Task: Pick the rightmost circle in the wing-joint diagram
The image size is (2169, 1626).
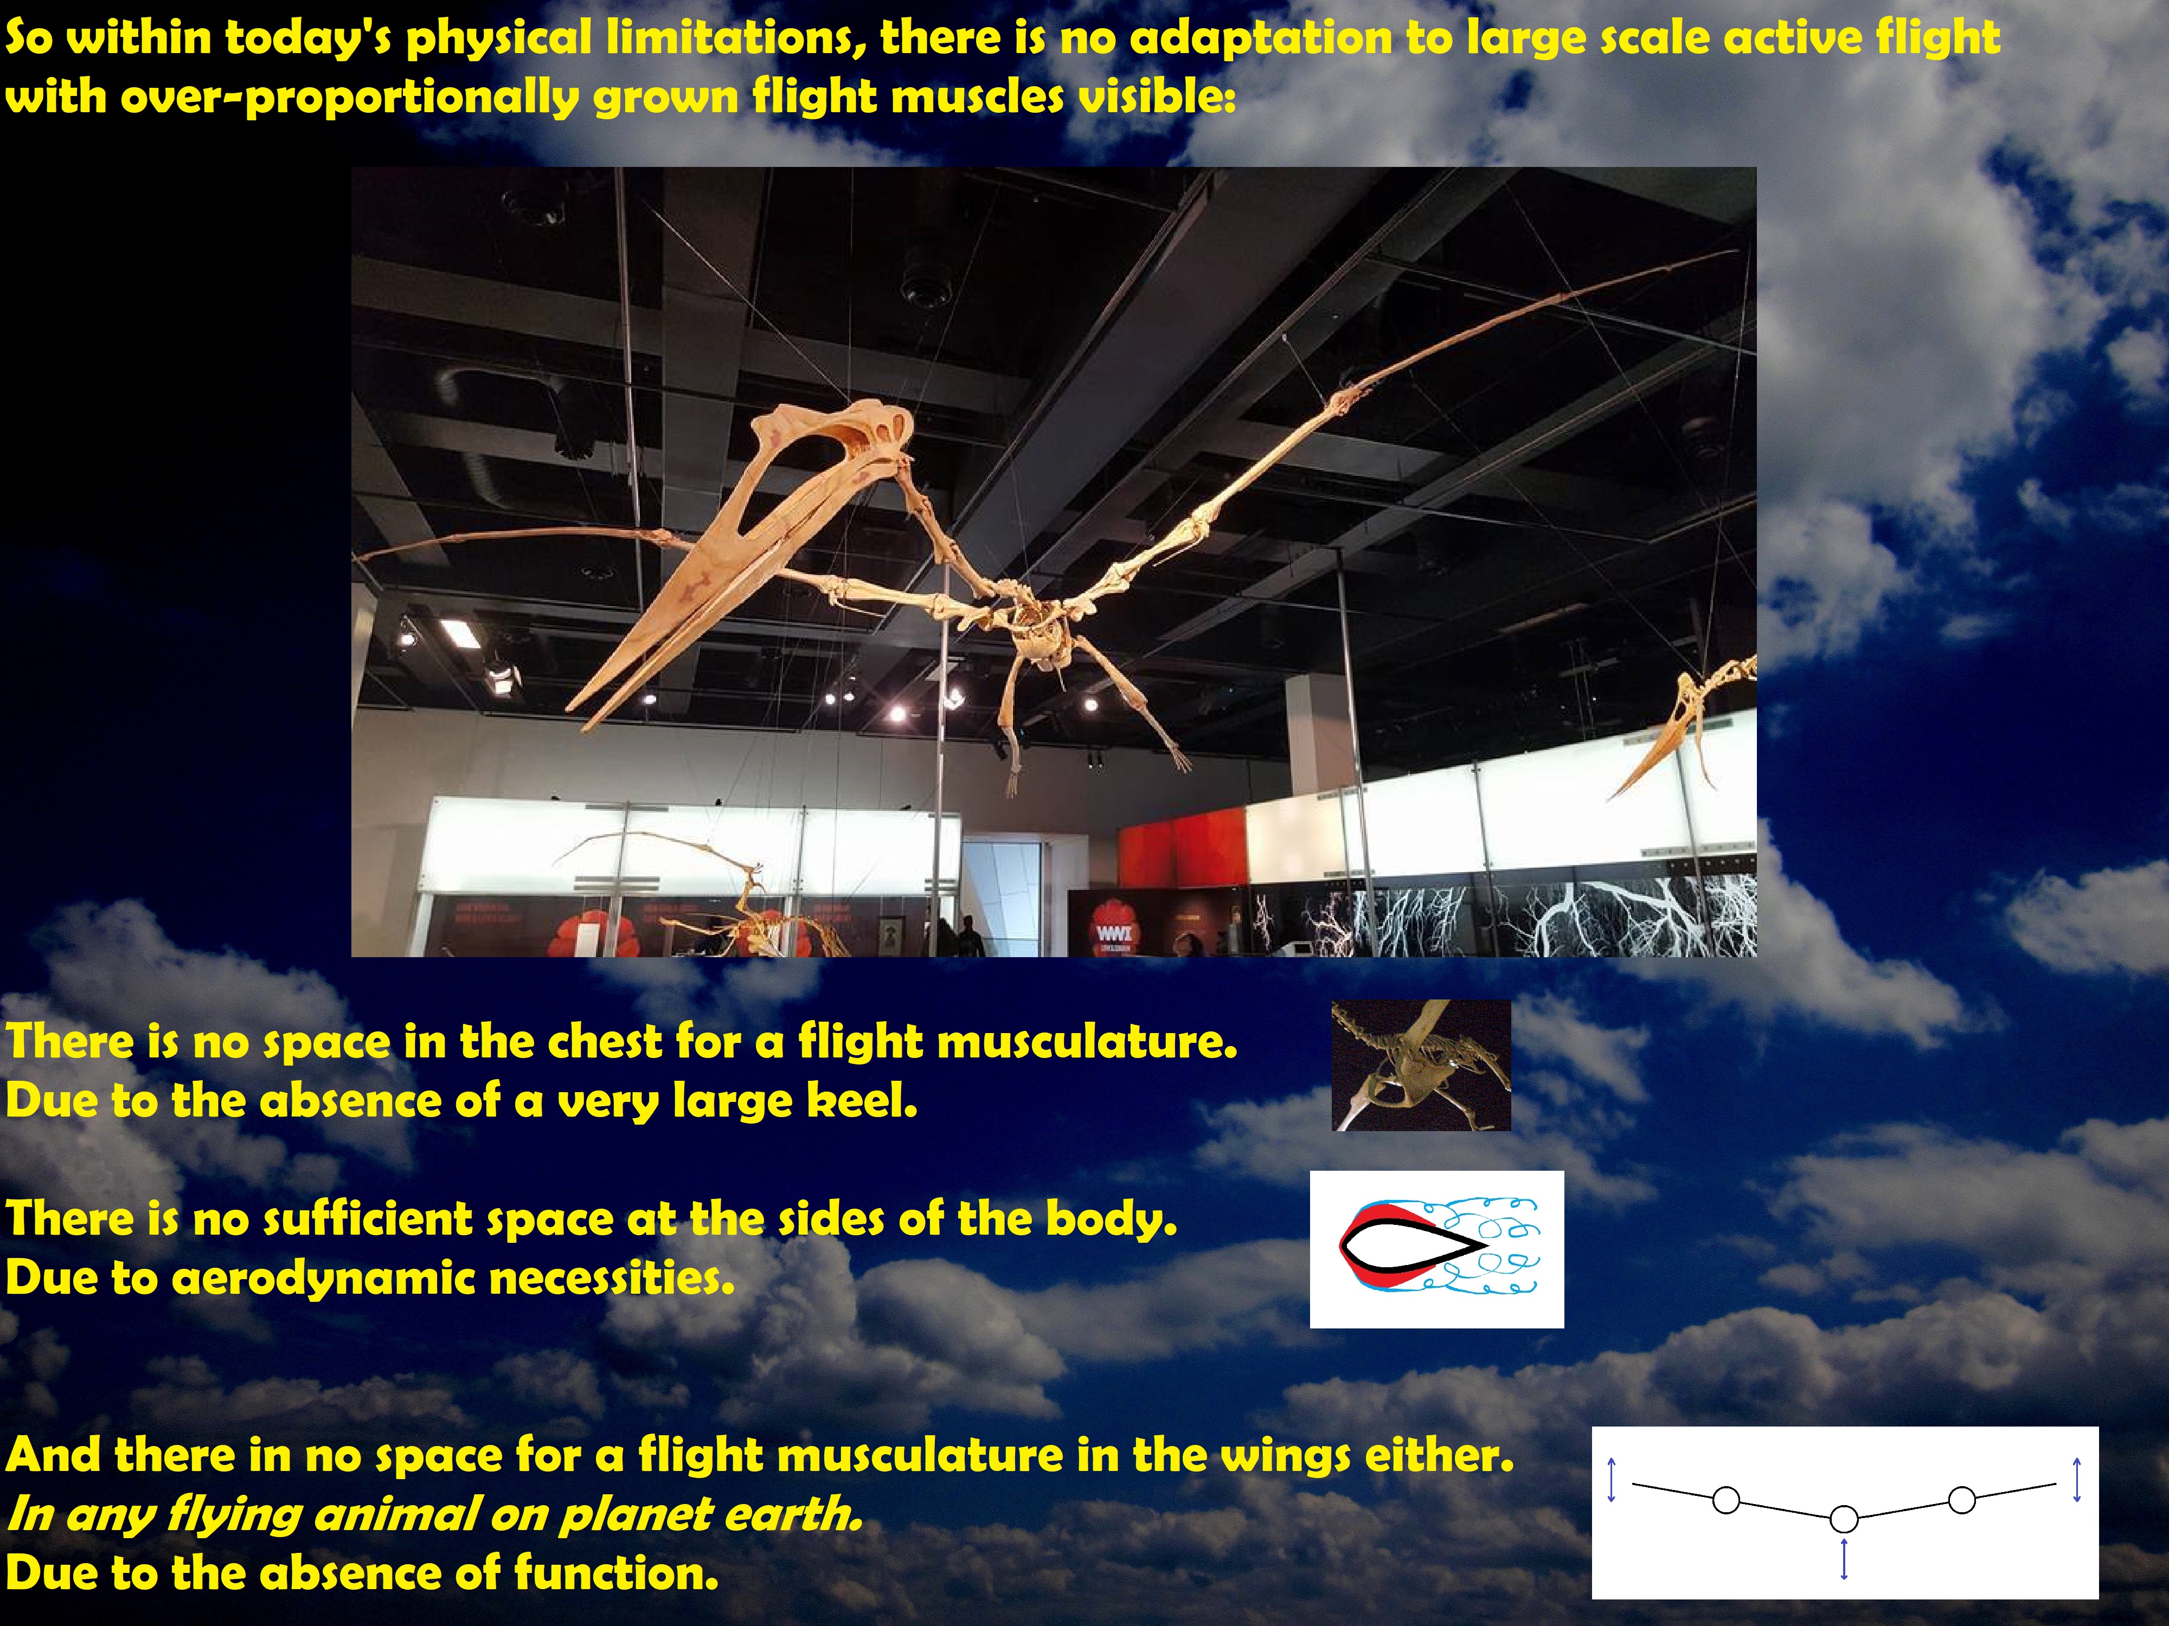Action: (1962, 1500)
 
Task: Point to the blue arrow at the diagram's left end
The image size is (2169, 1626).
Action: (1610, 1480)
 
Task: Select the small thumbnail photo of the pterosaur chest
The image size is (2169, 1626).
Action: (1421, 1066)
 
